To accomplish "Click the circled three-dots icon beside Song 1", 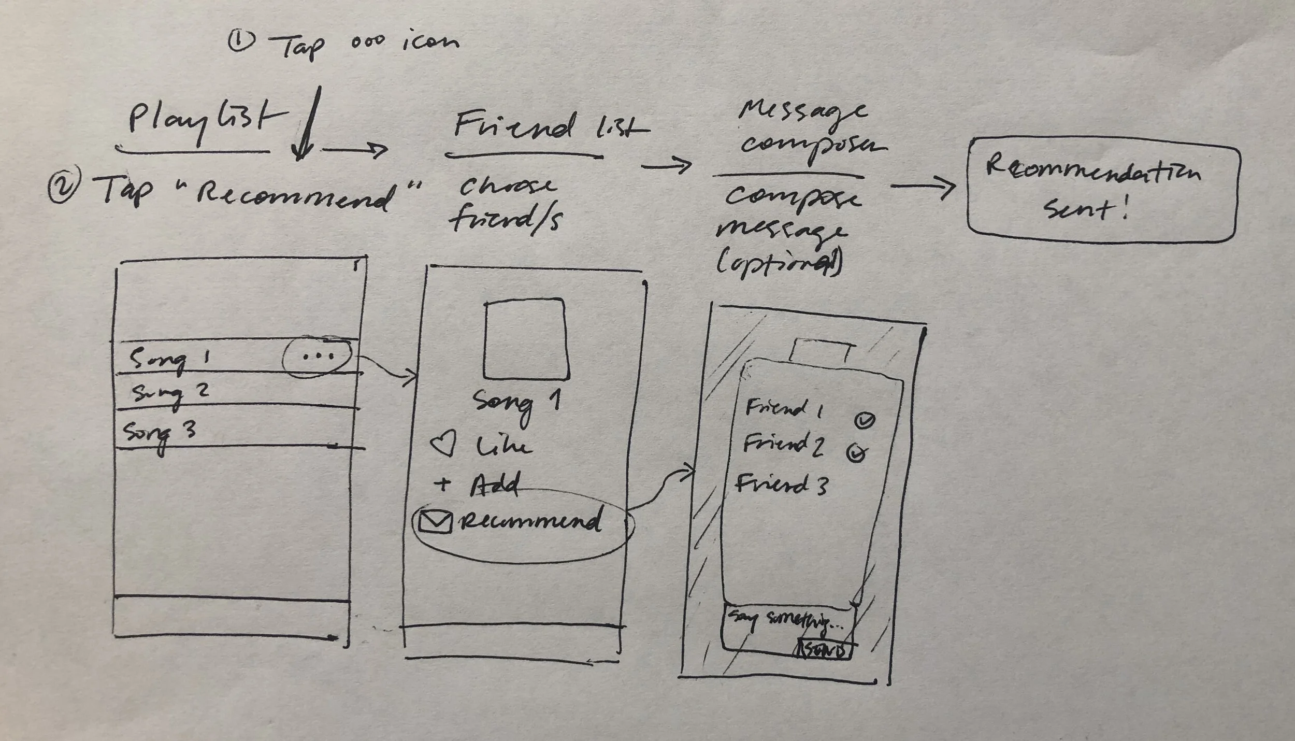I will coord(318,357).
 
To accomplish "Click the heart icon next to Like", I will coord(443,445).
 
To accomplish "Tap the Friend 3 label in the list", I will coord(781,485).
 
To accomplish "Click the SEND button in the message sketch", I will coord(825,651).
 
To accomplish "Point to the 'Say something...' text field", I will coord(785,621).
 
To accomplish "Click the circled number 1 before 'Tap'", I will coord(241,41).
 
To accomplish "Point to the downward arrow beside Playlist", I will coord(307,124).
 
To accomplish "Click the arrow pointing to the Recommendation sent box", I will coord(923,187).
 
